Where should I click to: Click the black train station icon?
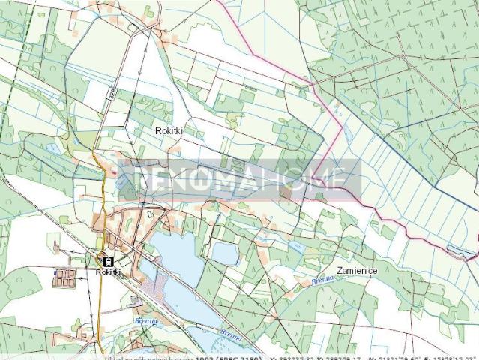109,261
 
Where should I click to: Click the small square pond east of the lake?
224,253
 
